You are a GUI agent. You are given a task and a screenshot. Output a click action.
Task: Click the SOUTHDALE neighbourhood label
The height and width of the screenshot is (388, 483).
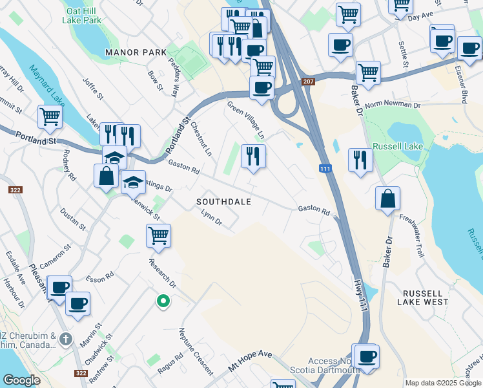pyautogui.click(x=223, y=202)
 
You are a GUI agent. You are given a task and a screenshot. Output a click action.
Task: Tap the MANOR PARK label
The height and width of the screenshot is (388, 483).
pyautogui.click(x=137, y=52)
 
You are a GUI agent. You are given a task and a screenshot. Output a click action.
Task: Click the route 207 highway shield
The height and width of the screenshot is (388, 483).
pyautogui.click(x=308, y=81)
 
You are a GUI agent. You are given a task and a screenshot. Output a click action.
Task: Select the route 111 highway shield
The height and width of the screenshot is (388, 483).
pyautogui.click(x=326, y=169)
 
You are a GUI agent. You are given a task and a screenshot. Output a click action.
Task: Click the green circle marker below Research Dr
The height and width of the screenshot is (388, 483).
pyautogui.click(x=163, y=301)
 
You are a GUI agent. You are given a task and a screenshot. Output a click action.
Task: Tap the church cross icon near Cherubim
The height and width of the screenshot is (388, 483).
pyautogui.click(x=65, y=339)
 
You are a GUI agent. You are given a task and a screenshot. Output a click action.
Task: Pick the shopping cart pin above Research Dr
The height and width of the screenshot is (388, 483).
pyautogui.click(x=158, y=235)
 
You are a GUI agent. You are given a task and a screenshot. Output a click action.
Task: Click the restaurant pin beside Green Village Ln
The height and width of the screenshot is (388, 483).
pyautogui.click(x=252, y=156)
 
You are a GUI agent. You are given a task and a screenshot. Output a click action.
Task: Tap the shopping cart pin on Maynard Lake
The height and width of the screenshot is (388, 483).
pyautogui.click(x=50, y=117)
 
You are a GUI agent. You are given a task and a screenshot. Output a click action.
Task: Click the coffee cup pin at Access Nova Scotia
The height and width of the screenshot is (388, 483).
pyautogui.click(x=367, y=356)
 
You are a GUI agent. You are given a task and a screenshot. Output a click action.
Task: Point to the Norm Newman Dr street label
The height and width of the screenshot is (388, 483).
pyautogui.click(x=393, y=104)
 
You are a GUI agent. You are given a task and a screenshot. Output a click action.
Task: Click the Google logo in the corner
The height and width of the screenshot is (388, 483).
pyautogui.click(x=21, y=380)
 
